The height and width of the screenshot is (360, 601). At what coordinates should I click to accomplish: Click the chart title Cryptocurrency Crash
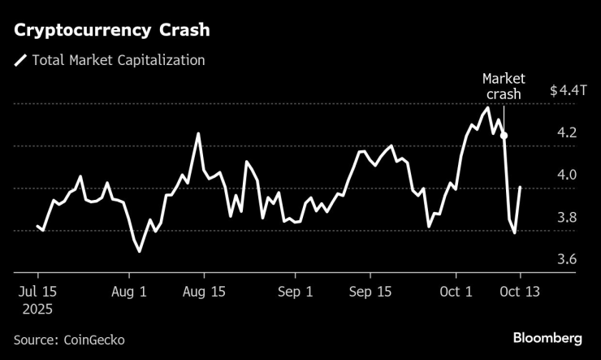[111, 30]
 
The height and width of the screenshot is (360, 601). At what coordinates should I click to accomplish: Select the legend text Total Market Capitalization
[118, 59]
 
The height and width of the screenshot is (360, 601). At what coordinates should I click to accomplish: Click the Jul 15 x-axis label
[37, 291]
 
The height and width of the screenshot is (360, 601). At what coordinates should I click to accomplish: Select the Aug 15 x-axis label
[204, 291]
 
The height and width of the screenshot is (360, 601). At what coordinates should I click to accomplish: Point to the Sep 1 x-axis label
[294, 291]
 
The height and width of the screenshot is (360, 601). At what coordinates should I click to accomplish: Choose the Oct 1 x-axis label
[456, 291]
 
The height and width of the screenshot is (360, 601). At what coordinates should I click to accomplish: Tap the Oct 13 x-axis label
[520, 291]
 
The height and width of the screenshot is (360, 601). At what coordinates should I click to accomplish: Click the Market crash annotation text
[504, 86]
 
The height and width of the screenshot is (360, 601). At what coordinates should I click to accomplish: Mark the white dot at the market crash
[504, 136]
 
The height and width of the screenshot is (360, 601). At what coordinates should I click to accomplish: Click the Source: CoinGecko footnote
[69, 339]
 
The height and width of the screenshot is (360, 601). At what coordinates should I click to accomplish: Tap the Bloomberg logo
[547, 337]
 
